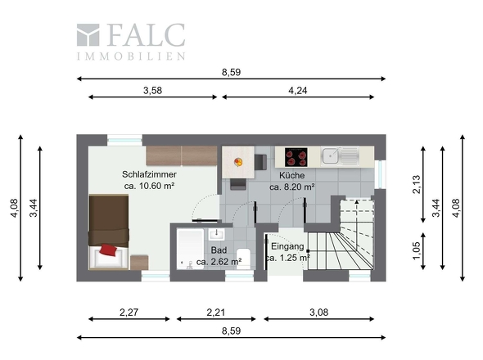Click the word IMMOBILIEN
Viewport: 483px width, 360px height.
click(x=131, y=56)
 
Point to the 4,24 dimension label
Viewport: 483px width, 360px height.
click(x=298, y=91)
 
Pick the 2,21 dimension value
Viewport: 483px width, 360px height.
click(x=215, y=312)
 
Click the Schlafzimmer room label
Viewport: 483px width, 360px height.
click(x=150, y=174)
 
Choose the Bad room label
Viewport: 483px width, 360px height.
click(x=219, y=250)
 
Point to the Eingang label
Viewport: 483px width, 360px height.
click(x=287, y=246)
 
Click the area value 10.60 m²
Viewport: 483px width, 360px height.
click(x=151, y=187)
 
